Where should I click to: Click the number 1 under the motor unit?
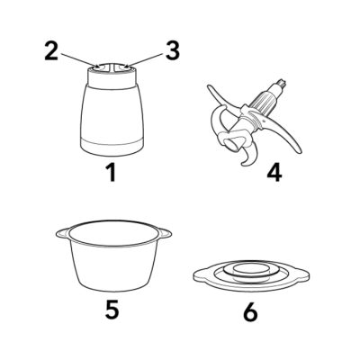click(112, 173)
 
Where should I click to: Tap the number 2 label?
click(51, 50)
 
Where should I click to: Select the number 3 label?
click(173, 50)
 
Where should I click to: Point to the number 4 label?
click(274, 173)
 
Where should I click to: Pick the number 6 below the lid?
click(250, 312)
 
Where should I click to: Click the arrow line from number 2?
click(80, 60)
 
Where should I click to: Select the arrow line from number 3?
click(143, 60)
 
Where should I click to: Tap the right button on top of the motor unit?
click(124, 68)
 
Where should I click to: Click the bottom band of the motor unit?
click(112, 148)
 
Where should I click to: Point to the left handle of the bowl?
click(63, 233)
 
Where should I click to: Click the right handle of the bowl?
click(165, 233)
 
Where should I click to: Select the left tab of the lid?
click(201, 274)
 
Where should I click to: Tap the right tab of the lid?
click(301, 274)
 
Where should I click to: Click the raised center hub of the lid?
click(251, 269)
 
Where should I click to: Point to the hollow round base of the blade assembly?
click(233, 144)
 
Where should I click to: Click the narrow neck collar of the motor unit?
click(112, 78)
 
